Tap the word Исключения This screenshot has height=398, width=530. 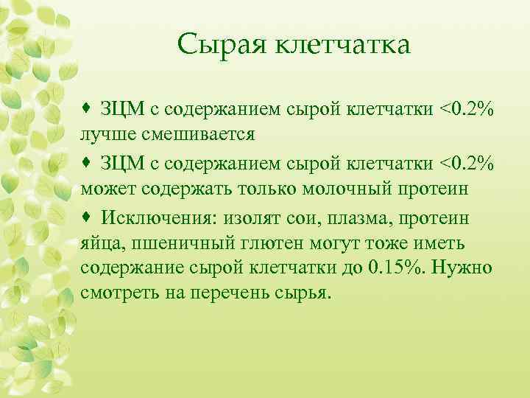[152, 217]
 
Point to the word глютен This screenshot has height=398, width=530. [260, 244]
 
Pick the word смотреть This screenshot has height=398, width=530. [118, 293]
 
